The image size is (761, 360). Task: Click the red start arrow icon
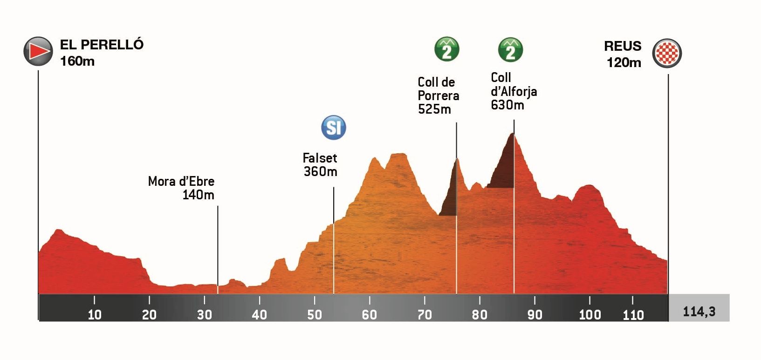[x=38, y=51]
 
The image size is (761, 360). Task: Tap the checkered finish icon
[x=667, y=54]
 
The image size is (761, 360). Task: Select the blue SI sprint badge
[x=334, y=128]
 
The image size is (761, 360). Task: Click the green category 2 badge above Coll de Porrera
[x=447, y=49]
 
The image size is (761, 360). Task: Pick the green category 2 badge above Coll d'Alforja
[x=510, y=49]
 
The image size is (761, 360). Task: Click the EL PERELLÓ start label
[x=102, y=45]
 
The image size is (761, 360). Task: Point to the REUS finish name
[x=623, y=46]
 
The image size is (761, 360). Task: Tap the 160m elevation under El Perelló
[x=77, y=61]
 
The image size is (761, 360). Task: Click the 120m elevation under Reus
[x=624, y=62]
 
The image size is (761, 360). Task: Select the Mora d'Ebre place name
[x=181, y=181]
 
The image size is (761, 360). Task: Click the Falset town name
[x=320, y=158]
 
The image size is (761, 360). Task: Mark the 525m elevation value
[x=434, y=109]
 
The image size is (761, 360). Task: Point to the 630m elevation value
[x=507, y=105]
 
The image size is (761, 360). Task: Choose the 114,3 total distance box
[x=699, y=311]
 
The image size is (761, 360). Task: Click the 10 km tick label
[x=95, y=315]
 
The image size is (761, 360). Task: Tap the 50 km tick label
[x=315, y=315]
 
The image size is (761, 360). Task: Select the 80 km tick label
[x=480, y=315]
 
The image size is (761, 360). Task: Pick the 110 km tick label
[x=633, y=315]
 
